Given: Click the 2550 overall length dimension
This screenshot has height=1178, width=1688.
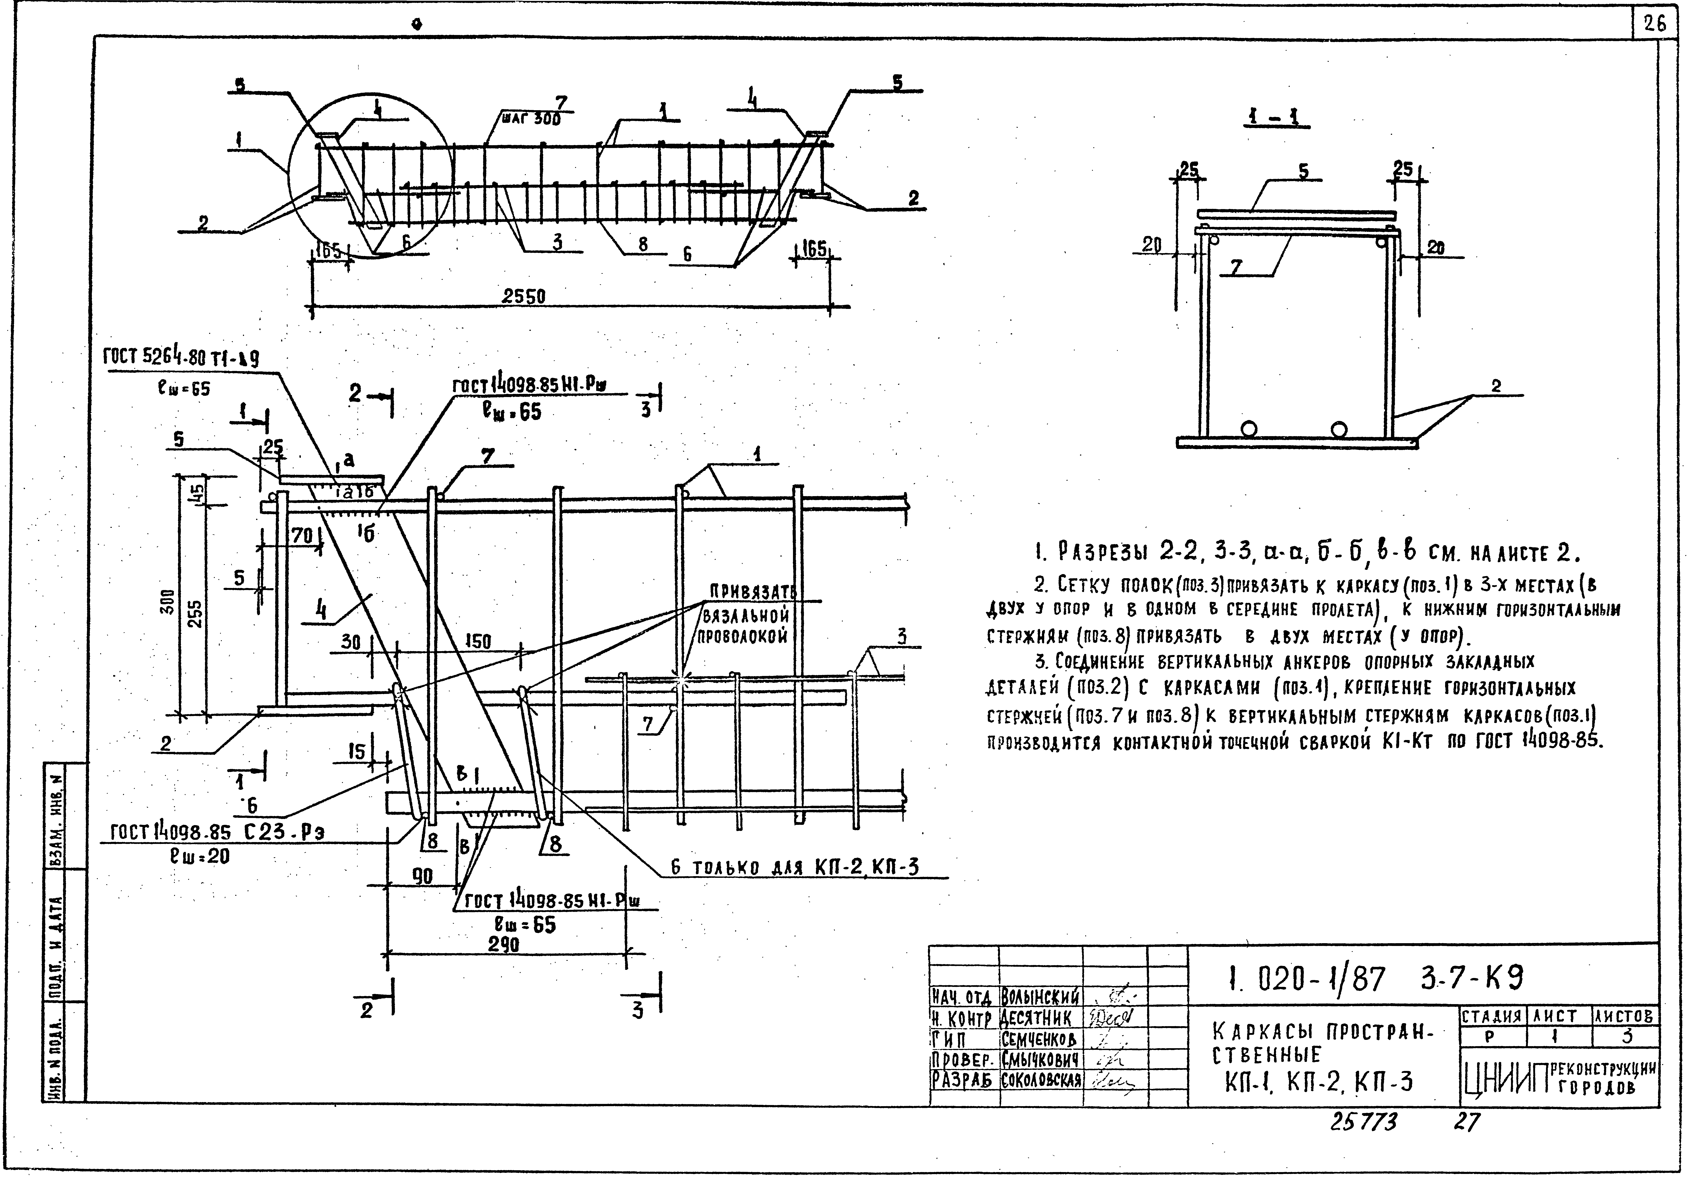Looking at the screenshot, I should tap(523, 296).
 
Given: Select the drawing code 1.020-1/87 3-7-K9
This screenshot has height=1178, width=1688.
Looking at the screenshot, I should tap(1375, 979).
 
